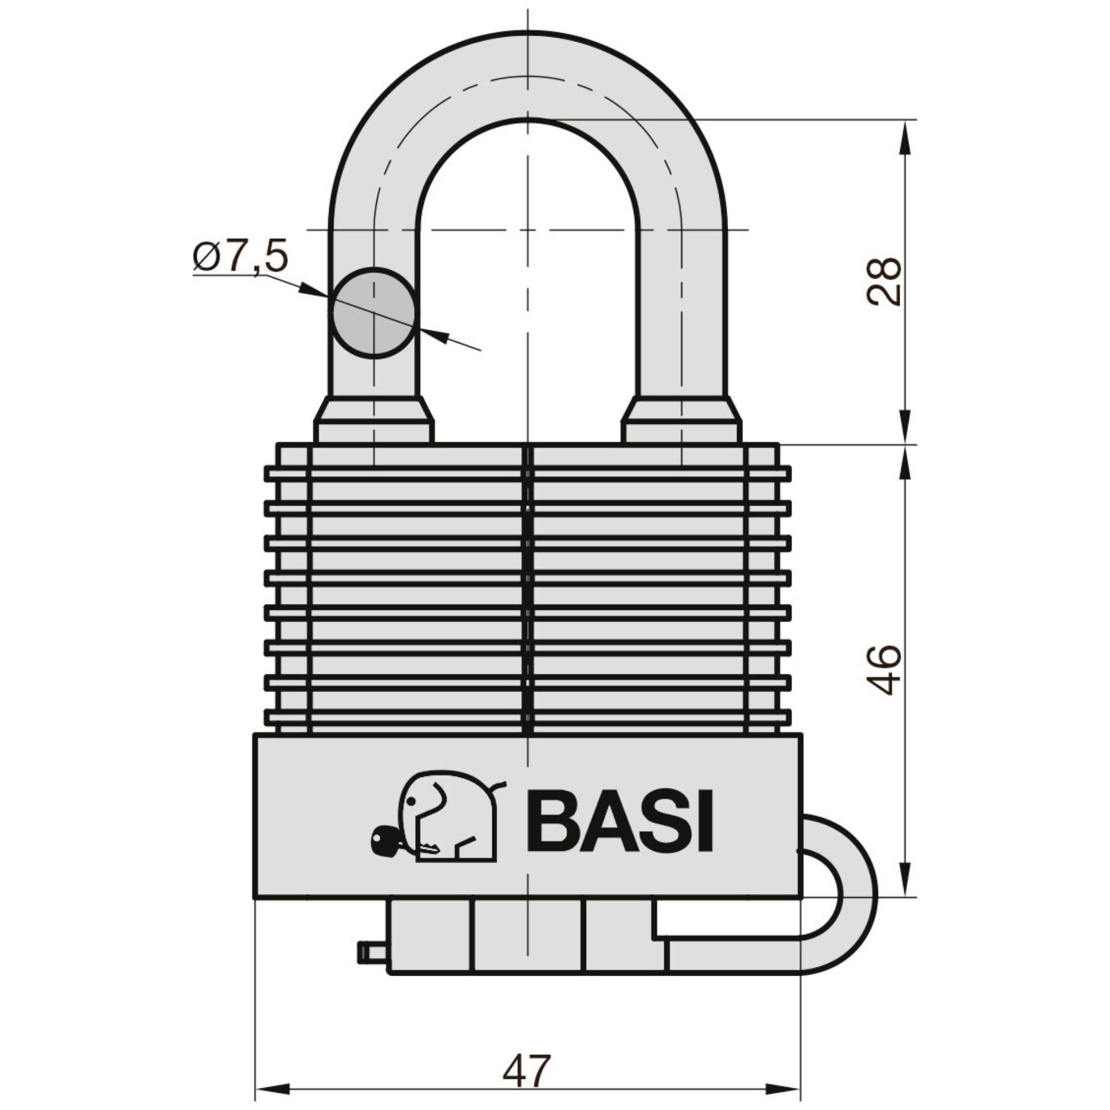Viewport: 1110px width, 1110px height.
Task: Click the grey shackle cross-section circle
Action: tap(374, 313)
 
